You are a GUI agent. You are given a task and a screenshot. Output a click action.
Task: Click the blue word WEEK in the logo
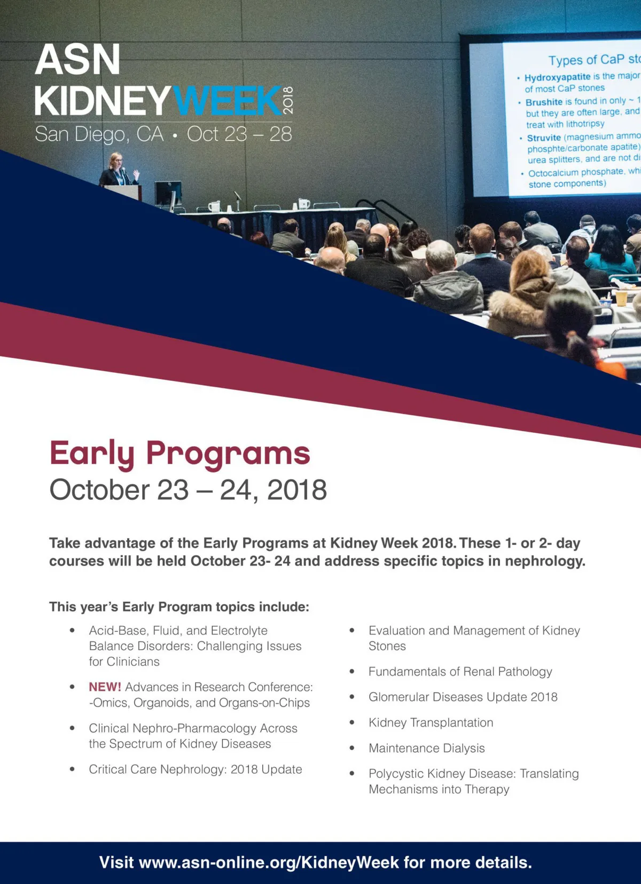227,101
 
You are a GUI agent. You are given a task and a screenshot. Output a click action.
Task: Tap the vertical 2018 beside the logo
288,100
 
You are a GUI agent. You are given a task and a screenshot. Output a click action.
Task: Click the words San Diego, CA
99,134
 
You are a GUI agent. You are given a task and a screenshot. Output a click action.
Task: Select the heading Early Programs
180,454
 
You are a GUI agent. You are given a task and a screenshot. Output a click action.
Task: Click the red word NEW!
105,687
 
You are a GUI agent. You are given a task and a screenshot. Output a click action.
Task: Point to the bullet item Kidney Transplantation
431,722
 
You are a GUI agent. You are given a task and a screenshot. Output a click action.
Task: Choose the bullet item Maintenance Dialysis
426,748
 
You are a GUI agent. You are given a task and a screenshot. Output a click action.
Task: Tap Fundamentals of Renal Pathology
460,671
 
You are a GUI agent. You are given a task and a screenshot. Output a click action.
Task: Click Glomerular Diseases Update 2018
463,697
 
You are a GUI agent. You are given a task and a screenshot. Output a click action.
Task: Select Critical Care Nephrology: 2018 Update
195,769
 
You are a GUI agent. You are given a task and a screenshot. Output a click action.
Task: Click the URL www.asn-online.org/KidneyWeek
269,862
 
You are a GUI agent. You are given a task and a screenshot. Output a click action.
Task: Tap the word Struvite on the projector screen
544,138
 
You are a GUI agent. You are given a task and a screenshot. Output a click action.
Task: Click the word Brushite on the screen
544,102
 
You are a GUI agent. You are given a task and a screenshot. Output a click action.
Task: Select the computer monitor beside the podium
168,194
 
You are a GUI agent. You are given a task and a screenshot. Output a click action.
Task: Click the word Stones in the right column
387,646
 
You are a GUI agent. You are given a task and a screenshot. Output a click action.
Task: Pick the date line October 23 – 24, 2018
188,490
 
